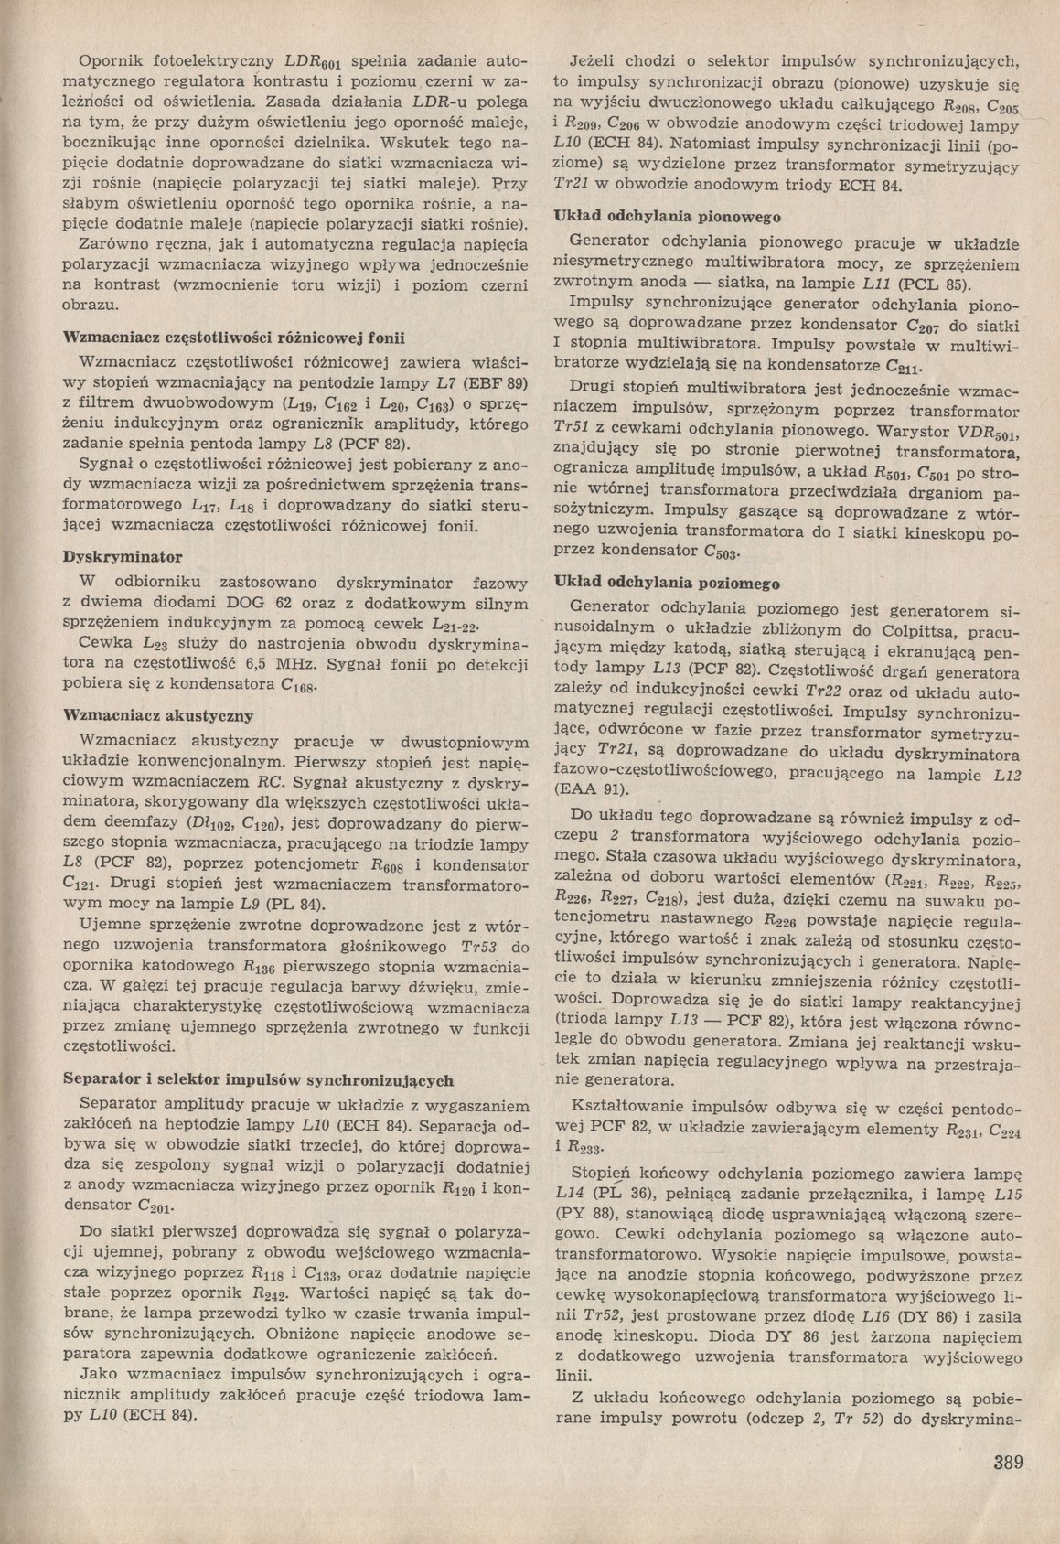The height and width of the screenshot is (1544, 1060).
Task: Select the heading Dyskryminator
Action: pos(122,556)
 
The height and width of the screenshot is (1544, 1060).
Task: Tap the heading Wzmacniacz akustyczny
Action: pos(157,714)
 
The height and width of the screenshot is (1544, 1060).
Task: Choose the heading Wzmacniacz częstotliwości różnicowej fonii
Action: pos(232,337)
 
